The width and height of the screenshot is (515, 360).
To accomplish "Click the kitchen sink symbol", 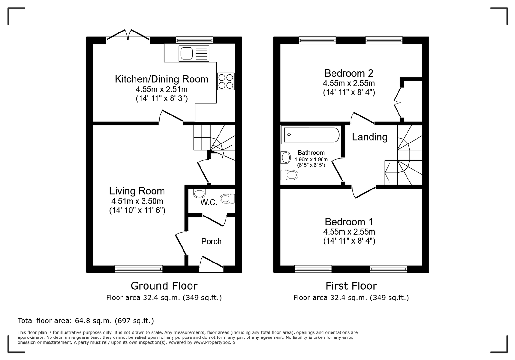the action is (194, 53).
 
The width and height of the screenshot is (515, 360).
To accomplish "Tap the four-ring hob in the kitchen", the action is (226, 81).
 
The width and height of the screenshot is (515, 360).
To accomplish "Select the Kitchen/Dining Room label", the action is (162, 79).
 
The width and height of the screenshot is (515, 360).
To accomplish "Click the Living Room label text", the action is (137, 191).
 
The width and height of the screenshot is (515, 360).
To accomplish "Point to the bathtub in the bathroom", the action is (311, 135).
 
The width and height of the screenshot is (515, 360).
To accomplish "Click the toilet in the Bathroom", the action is (289, 175).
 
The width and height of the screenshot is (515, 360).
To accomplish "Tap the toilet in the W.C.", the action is (227, 199).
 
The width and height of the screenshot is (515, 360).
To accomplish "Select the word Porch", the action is (211, 241).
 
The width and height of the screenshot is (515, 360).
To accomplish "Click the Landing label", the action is (370, 137).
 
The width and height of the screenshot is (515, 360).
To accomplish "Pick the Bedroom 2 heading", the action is (349, 73).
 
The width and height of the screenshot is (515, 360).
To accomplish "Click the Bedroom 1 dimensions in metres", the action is (349, 231).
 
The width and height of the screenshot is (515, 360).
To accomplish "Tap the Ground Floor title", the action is (164, 286).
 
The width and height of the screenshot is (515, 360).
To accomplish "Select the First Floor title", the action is (351, 286).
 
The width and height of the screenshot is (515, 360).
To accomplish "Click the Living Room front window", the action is (139, 269).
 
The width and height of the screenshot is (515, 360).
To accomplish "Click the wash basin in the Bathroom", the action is (286, 158).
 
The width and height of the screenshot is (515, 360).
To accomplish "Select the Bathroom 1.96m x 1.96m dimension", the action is (311, 159).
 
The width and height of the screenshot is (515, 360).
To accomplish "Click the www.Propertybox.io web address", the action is (214, 342).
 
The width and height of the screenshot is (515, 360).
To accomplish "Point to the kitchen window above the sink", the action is (194, 40).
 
